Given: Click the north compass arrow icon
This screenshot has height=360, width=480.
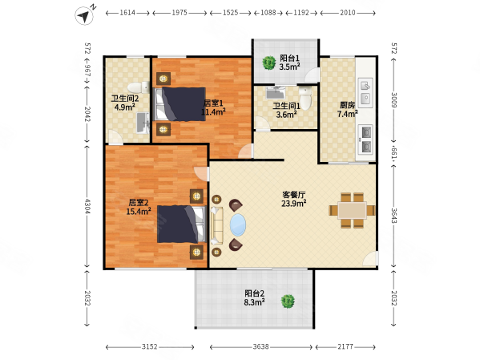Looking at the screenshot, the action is tap(84, 15).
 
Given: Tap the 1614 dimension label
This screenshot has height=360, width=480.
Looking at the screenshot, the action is tap(127, 13).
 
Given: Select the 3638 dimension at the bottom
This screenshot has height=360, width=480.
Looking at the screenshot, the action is tap(260, 347).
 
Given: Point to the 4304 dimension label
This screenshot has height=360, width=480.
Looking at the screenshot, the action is tap(87, 207).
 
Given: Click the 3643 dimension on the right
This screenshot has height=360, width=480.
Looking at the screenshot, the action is tap(393, 216).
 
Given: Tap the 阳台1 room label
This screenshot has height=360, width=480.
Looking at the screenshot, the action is tap(289, 59).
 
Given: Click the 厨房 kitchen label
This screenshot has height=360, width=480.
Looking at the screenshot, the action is tap(347, 105).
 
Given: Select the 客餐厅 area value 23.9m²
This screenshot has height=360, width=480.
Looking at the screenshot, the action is tap(294, 204).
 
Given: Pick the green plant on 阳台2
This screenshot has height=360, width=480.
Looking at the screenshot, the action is tap(288, 301).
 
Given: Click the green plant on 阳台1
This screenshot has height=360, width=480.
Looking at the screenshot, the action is tap(269, 63).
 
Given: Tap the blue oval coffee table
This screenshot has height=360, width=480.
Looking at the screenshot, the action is tap(238, 225).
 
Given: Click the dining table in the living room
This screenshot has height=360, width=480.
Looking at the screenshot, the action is tap(352, 211).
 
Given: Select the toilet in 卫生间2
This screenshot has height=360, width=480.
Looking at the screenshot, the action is tap(139, 87).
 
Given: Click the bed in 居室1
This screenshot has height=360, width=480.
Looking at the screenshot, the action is tap(179, 104).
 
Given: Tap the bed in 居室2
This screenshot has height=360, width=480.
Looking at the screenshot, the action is tap(181, 224).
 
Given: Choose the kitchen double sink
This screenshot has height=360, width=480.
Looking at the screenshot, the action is tap(365, 93).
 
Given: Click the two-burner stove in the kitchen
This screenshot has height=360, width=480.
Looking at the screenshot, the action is tap(365, 140).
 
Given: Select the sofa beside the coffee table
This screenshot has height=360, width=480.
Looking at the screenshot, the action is tap(217, 225).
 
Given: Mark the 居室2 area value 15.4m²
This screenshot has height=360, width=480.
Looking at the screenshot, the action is tap(139, 212).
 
